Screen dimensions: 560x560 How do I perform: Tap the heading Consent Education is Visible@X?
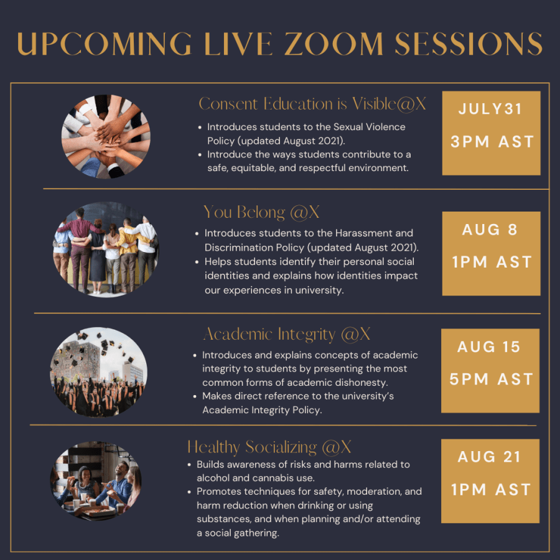point(312,104)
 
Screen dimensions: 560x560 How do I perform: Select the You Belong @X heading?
point(261,212)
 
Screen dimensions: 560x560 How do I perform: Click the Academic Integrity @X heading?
point(286,334)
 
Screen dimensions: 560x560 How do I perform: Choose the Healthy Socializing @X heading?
point(269,447)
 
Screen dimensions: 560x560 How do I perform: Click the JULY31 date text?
point(490,109)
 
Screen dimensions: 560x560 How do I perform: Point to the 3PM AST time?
point(492,142)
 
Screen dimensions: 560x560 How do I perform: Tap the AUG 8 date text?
point(490,230)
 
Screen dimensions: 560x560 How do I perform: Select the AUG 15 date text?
point(489,347)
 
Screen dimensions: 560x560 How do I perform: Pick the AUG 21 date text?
point(489,457)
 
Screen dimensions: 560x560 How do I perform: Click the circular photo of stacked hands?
point(106,137)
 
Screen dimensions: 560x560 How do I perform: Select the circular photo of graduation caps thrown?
point(98,372)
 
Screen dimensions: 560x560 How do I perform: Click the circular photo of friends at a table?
point(96,481)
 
